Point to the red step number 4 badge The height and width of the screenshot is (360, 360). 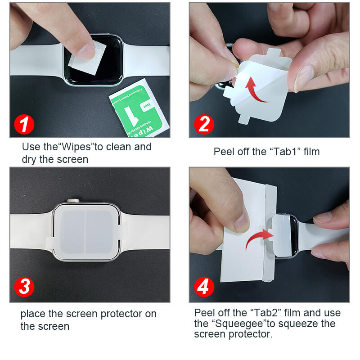pyautogui.click(x=204, y=287)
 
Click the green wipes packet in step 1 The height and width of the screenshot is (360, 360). pyautogui.click(x=140, y=108)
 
